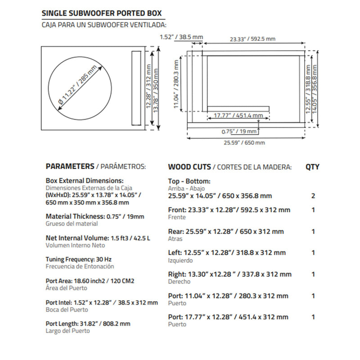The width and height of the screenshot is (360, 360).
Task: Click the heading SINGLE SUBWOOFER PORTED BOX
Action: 101,13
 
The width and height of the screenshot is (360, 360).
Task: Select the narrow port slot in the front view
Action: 135,87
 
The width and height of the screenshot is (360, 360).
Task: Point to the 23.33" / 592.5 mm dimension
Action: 252,39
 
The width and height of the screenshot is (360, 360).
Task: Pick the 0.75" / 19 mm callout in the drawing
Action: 239,131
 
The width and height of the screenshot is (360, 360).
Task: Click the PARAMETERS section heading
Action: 70,166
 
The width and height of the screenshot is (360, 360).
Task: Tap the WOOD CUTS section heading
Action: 189,166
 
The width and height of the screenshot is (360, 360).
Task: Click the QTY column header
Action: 312,166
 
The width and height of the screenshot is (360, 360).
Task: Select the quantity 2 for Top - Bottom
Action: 313,196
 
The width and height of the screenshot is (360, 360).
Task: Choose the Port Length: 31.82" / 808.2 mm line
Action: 88,323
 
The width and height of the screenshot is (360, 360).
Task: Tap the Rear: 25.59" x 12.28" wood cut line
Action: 226,231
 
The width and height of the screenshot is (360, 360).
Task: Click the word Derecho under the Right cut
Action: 179,282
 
